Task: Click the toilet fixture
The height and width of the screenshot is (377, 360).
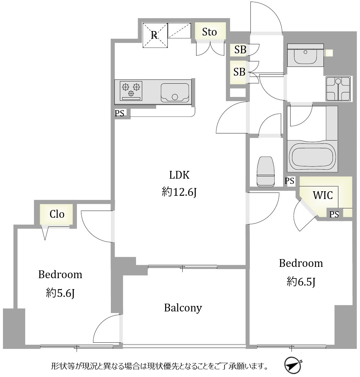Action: [x=266, y=172]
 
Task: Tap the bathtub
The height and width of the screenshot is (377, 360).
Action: [x=312, y=156]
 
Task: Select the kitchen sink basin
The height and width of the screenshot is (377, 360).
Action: [x=175, y=93]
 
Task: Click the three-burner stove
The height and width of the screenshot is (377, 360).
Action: [x=131, y=91]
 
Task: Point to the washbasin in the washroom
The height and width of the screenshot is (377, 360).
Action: [x=305, y=55]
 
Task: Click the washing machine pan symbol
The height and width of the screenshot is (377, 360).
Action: [x=338, y=89]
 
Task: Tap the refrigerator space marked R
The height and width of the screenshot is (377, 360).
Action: [x=155, y=35]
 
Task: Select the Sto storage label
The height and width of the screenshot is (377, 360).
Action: [x=209, y=32]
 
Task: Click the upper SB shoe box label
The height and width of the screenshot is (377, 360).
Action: [x=240, y=50]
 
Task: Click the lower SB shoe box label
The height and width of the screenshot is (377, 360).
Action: [x=239, y=72]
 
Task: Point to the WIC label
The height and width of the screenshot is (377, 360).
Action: [x=323, y=195]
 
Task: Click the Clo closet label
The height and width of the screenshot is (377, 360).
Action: [x=57, y=214]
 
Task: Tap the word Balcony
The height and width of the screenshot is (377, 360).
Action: [x=183, y=308]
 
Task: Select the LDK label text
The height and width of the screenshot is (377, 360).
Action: [x=179, y=175]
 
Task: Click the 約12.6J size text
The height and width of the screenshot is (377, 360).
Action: [x=179, y=192]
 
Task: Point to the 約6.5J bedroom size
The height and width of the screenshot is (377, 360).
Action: [x=301, y=282]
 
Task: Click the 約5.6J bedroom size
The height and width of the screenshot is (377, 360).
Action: [x=60, y=293]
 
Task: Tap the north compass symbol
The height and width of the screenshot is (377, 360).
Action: [x=293, y=365]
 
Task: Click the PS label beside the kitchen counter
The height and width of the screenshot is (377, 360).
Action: [x=120, y=113]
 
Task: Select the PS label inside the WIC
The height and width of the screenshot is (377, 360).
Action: [x=334, y=214]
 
